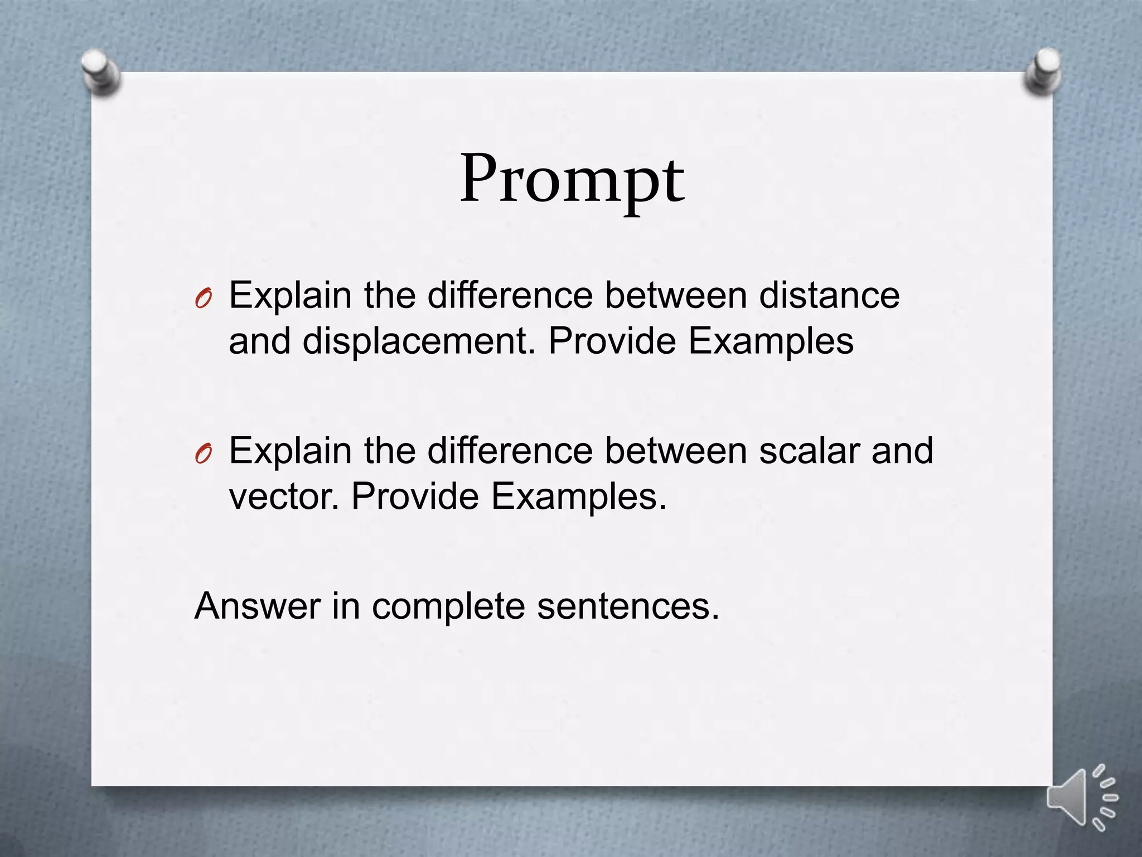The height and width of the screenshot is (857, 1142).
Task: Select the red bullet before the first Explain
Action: [x=204, y=300]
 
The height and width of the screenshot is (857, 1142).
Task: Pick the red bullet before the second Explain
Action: [x=204, y=455]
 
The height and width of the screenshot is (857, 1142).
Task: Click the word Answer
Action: [x=257, y=606]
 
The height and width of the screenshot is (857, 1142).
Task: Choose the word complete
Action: [x=448, y=606]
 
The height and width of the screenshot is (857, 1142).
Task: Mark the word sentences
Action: [x=628, y=606]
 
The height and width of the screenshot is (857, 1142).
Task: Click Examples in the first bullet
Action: [x=771, y=341]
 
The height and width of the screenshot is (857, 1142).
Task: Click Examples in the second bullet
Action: [x=578, y=497]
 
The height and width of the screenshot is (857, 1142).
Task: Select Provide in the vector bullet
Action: [x=415, y=497]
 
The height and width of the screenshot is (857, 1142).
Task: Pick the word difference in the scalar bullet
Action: [x=510, y=450]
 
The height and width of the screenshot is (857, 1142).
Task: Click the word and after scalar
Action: [x=902, y=450]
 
